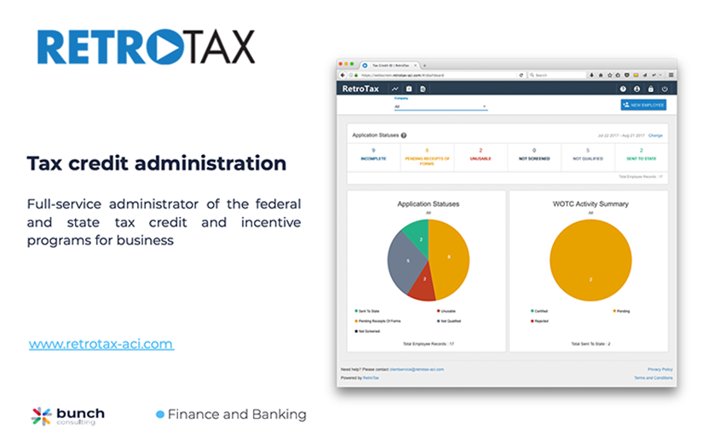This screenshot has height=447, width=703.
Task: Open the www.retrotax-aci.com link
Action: click(x=101, y=344)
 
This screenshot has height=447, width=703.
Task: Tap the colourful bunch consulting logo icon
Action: click(x=41, y=416)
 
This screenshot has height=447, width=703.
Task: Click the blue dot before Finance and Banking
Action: click(x=159, y=415)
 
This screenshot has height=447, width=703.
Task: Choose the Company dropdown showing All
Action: click(x=440, y=106)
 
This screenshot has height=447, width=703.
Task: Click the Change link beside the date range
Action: click(x=655, y=135)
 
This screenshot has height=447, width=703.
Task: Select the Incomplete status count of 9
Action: click(x=373, y=151)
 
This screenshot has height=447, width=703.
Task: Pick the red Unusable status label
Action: click(x=481, y=158)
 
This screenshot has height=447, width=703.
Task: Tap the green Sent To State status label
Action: click(x=641, y=158)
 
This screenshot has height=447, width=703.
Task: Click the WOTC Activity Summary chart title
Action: click(x=591, y=204)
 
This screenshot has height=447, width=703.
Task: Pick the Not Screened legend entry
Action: click(x=370, y=330)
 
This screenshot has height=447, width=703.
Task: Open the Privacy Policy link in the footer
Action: click(x=660, y=369)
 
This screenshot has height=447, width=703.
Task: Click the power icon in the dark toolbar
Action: click(x=665, y=89)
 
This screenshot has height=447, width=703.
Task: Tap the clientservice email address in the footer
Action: click(x=416, y=369)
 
